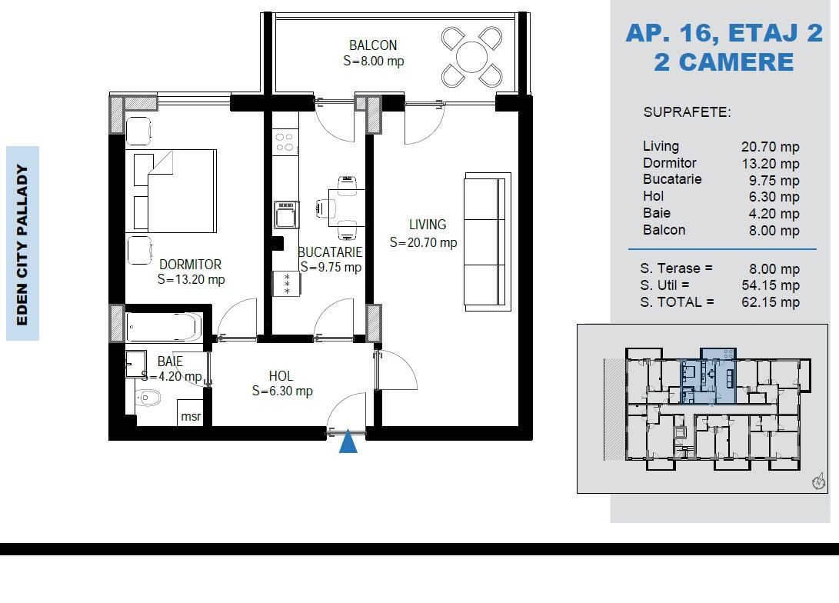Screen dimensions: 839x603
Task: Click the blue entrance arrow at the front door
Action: [x=348, y=441]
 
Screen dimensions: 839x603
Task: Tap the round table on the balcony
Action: [x=472, y=57]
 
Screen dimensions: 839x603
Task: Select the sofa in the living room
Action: [x=487, y=242]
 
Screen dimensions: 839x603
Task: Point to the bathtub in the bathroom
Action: [x=164, y=327]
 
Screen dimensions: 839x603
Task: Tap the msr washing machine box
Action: [x=191, y=412]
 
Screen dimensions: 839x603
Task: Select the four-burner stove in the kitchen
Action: [x=285, y=142]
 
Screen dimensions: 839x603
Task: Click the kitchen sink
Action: [x=286, y=215]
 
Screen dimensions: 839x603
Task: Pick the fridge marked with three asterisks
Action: [x=287, y=284]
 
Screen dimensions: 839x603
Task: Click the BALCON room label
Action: [x=373, y=45]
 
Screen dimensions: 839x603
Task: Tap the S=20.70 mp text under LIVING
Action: [x=423, y=243]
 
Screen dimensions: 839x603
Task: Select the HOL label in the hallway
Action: [x=281, y=376]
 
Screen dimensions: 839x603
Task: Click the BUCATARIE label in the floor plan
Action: [x=330, y=252]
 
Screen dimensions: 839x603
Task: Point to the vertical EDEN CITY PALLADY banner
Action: [x=22, y=244]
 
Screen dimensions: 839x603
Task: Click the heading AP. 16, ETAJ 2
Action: [x=724, y=33]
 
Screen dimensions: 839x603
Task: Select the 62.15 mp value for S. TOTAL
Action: [x=771, y=302]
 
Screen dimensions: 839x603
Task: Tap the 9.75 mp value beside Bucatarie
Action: [x=774, y=180]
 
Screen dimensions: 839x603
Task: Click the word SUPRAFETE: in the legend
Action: [x=687, y=112]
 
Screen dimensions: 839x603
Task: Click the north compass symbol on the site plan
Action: [x=819, y=481]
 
